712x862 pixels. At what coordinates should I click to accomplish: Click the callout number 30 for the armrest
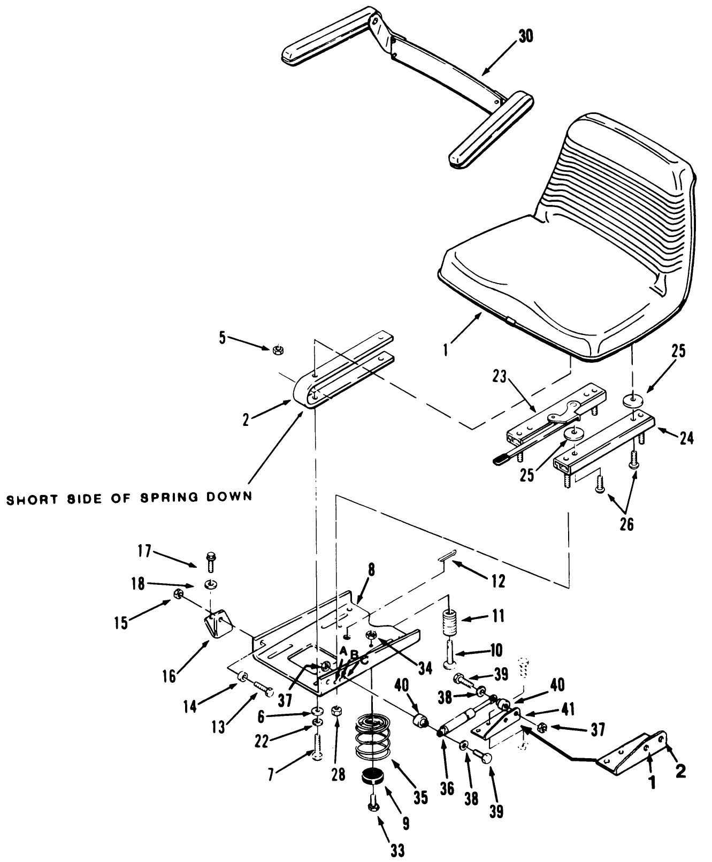point(526,36)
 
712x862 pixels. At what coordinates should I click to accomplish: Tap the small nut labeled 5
point(277,349)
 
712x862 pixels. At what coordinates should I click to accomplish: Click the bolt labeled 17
point(211,561)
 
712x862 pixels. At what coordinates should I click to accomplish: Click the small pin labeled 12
point(445,558)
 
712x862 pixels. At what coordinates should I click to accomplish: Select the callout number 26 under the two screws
point(626,524)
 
